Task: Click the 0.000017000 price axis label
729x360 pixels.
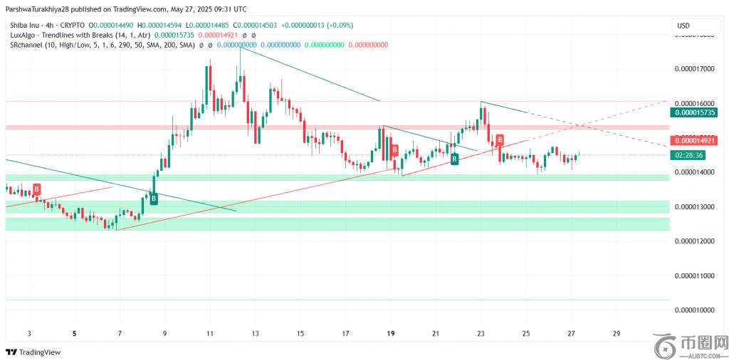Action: tap(693, 69)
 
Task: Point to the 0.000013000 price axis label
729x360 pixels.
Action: tap(693, 206)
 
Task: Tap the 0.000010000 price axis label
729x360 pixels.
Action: tap(693, 310)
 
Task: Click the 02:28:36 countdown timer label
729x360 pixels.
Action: tap(689, 155)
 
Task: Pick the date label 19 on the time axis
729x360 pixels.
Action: tap(391, 333)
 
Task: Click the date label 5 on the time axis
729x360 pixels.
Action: tap(74, 333)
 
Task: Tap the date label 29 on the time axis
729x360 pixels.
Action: tap(616, 333)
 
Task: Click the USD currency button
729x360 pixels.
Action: tap(683, 26)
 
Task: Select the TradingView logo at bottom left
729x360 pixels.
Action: tap(33, 351)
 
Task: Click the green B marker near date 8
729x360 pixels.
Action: tap(153, 200)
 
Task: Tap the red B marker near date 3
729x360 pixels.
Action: tap(36, 189)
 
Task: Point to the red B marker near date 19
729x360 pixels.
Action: tap(394, 150)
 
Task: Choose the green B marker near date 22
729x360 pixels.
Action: tap(454, 159)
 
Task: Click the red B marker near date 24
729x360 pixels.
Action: tap(500, 139)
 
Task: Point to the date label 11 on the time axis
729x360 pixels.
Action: tap(209, 333)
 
